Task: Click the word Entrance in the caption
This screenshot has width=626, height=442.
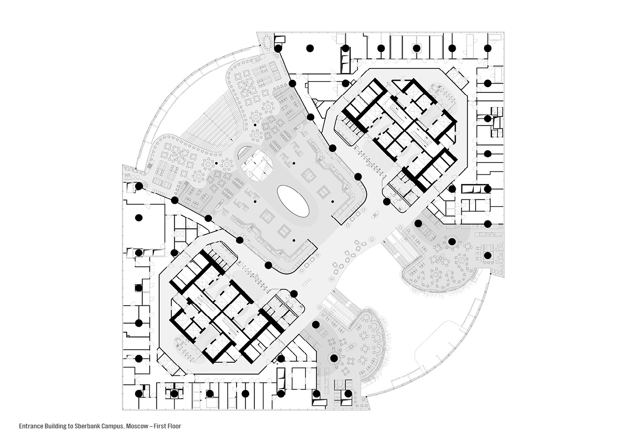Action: [30, 426]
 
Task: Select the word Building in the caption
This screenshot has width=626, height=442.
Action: [54, 426]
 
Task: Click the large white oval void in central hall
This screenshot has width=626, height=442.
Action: [293, 201]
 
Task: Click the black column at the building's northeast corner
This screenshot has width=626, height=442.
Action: [487, 48]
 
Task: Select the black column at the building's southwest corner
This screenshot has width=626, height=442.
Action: [139, 393]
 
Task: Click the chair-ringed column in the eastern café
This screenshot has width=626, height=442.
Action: [451, 241]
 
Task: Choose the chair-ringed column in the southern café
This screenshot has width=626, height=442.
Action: [333, 359]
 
